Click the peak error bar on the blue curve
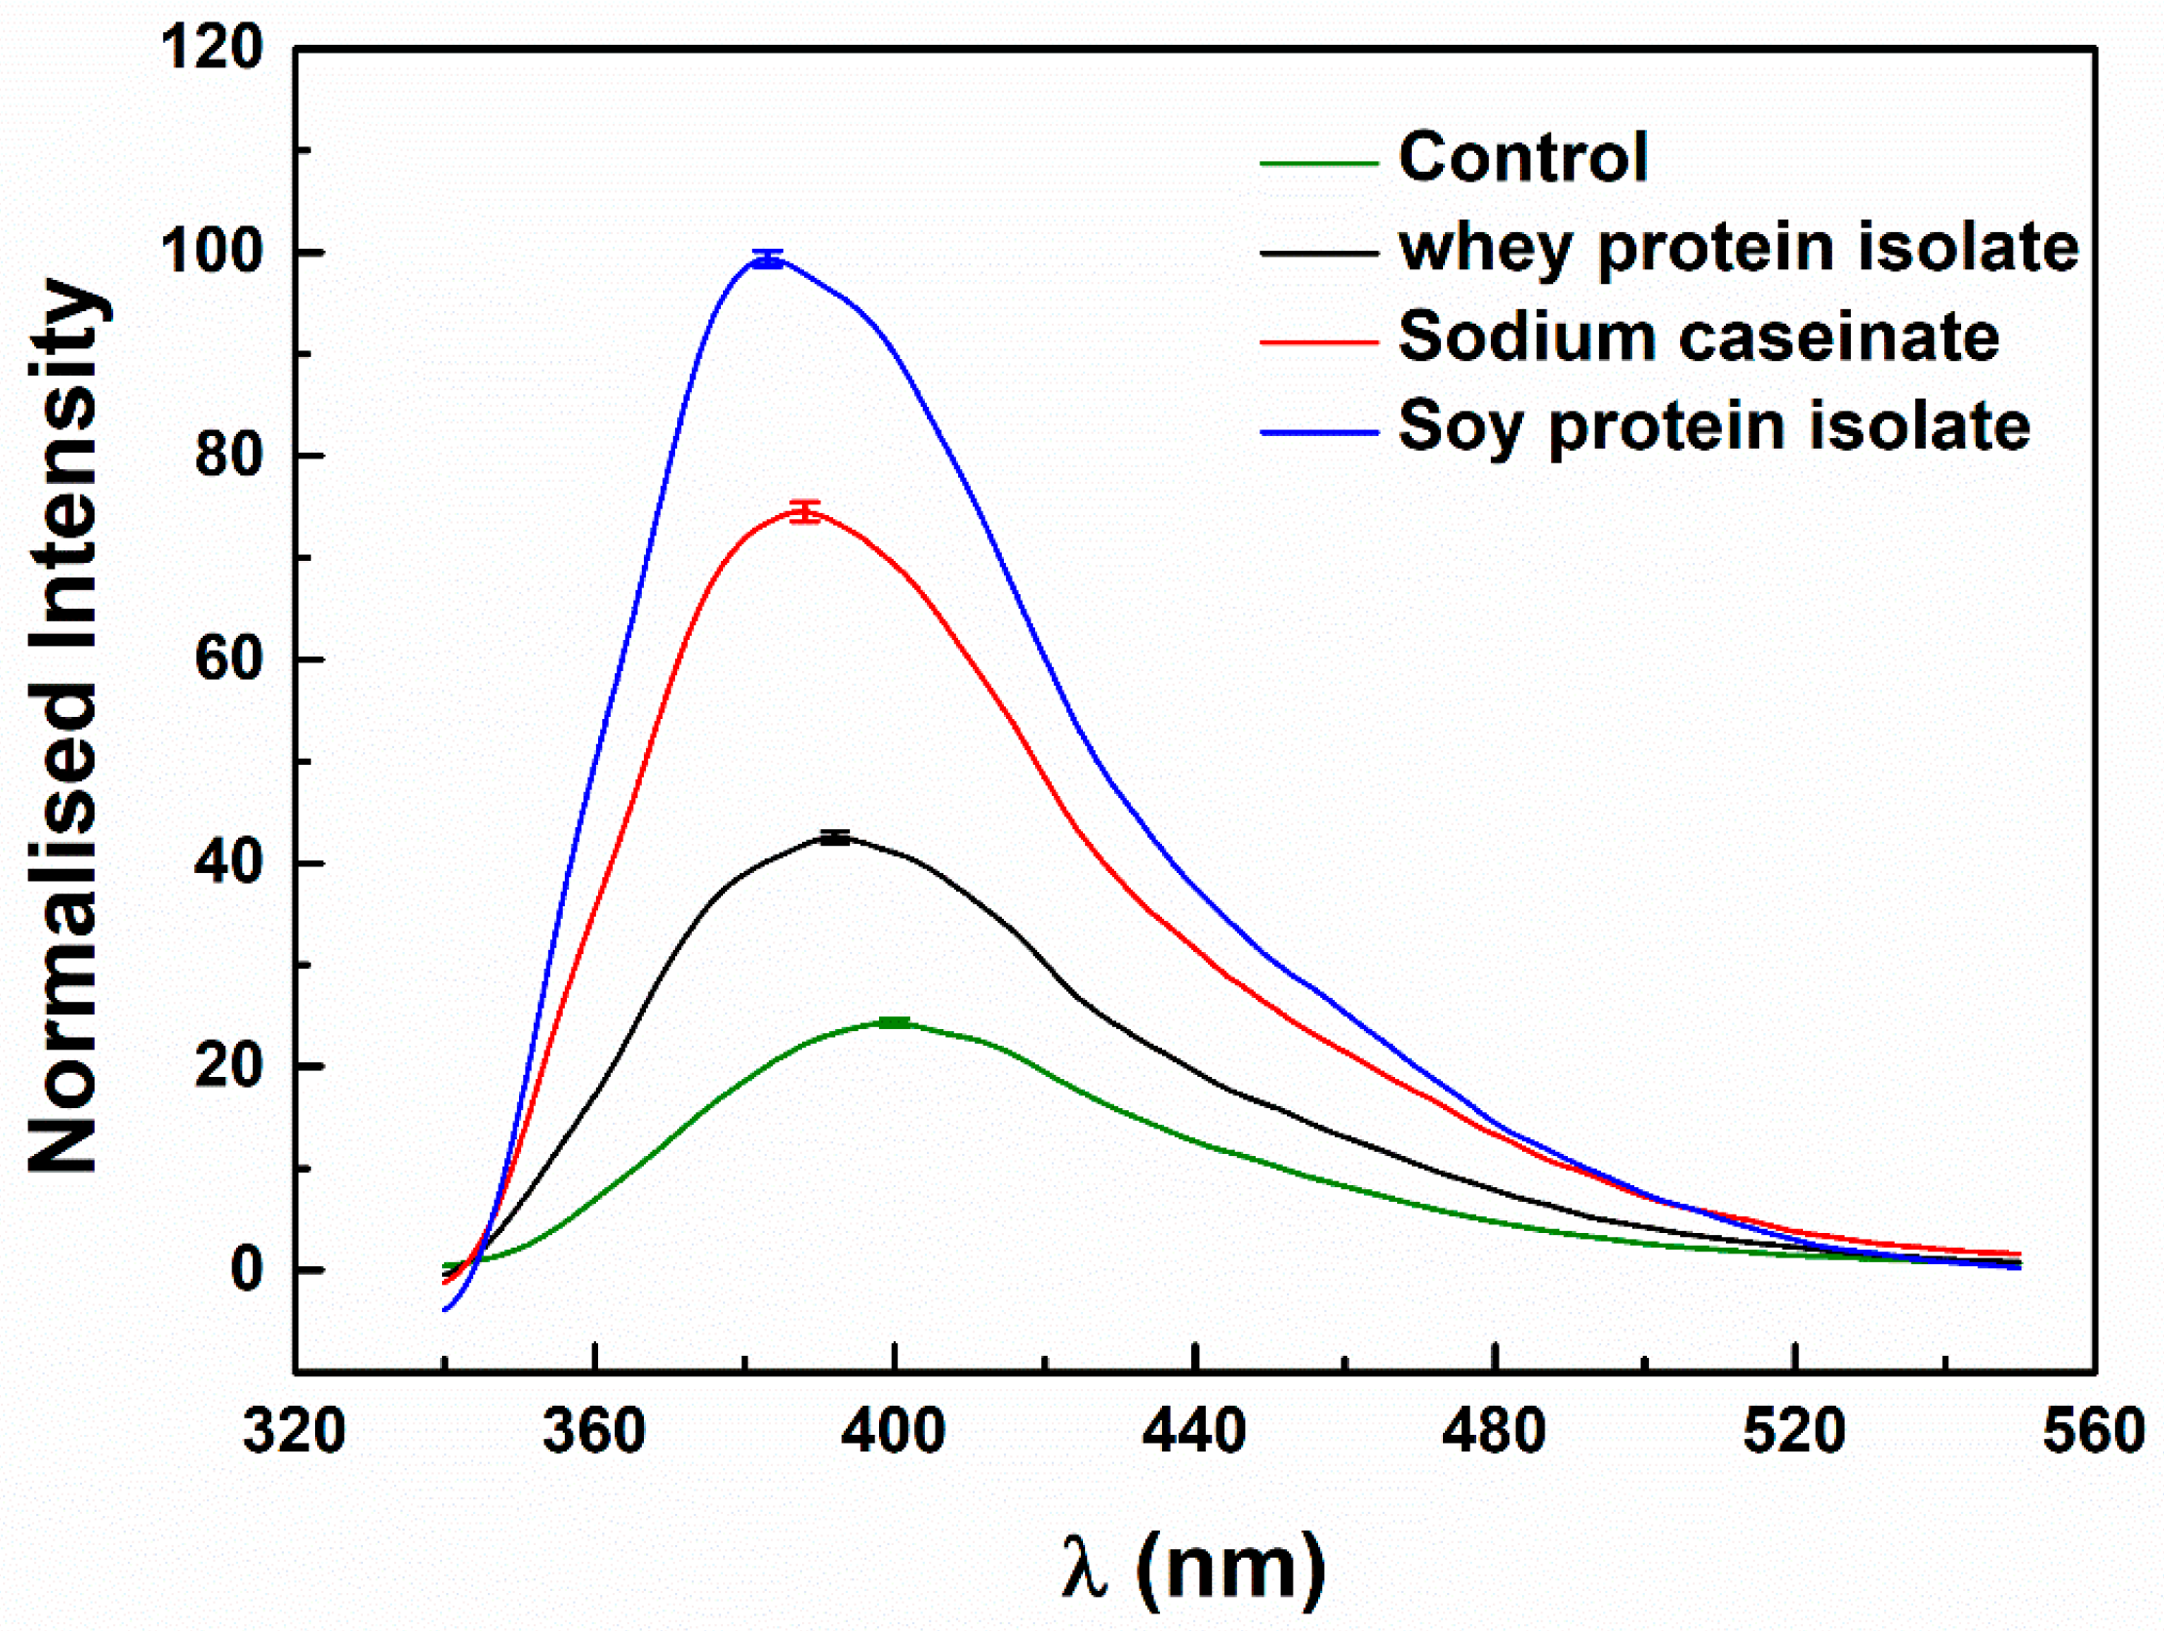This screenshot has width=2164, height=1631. (x=768, y=259)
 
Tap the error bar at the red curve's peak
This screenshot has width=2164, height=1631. (x=805, y=512)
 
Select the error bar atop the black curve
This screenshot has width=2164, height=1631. (x=834, y=838)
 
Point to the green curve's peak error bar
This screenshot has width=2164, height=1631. (x=894, y=1023)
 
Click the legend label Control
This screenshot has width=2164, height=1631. (x=1522, y=157)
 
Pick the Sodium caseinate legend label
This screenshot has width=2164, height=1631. (x=1699, y=338)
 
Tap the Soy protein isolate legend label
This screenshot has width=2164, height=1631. (x=1714, y=427)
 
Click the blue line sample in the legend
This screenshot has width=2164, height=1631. (x=1319, y=431)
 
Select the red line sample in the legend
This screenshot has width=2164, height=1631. (x=1319, y=341)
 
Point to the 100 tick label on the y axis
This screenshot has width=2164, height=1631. (x=212, y=252)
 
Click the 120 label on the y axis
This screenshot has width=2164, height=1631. (x=212, y=47)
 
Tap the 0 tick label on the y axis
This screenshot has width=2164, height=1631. (x=247, y=1270)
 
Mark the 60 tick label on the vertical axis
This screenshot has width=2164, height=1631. (x=229, y=659)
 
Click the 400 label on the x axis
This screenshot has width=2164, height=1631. (x=893, y=1431)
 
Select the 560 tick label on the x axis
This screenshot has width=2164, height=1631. (x=2094, y=1431)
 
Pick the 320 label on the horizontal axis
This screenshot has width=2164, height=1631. (x=294, y=1431)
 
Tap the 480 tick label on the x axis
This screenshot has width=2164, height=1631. (x=1494, y=1431)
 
